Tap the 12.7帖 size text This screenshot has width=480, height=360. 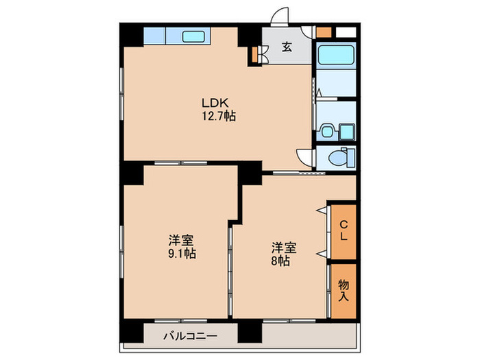pyautogui.click(x=218, y=117)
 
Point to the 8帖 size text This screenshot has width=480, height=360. pyautogui.click(x=279, y=261)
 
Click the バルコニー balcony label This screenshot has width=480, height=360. pyautogui.click(x=190, y=337)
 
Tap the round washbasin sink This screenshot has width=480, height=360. pyautogui.click(x=327, y=129)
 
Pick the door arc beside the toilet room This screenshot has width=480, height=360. pyautogui.click(x=304, y=158)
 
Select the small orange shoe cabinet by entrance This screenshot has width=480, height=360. pyautogui.click(x=256, y=54)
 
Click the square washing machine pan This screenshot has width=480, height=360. pyautogui.click(x=346, y=129)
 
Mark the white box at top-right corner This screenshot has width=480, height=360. pyautogui.click(x=346, y=31)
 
